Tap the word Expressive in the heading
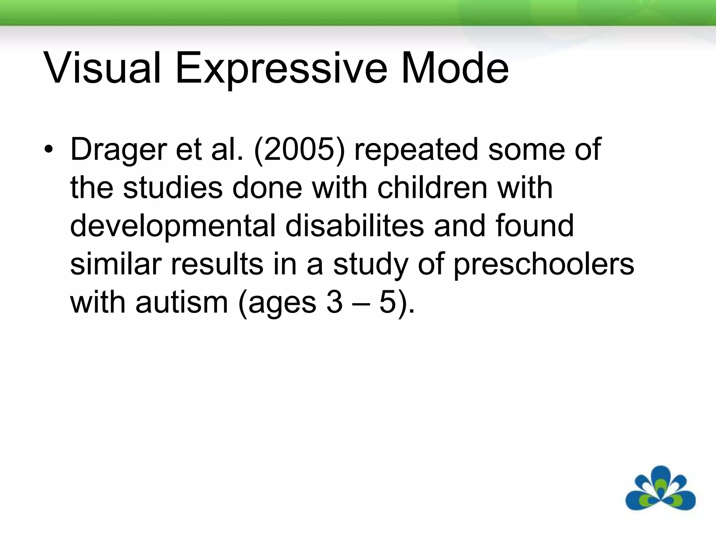click(x=281, y=68)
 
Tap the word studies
click(x=173, y=188)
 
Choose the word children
click(x=433, y=188)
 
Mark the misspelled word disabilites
click(x=355, y=226)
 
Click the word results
click(x=217, y=264)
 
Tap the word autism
click(x=182, y=302)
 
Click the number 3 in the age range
click(x=334, y=302)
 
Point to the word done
click(x=267, y=188)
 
